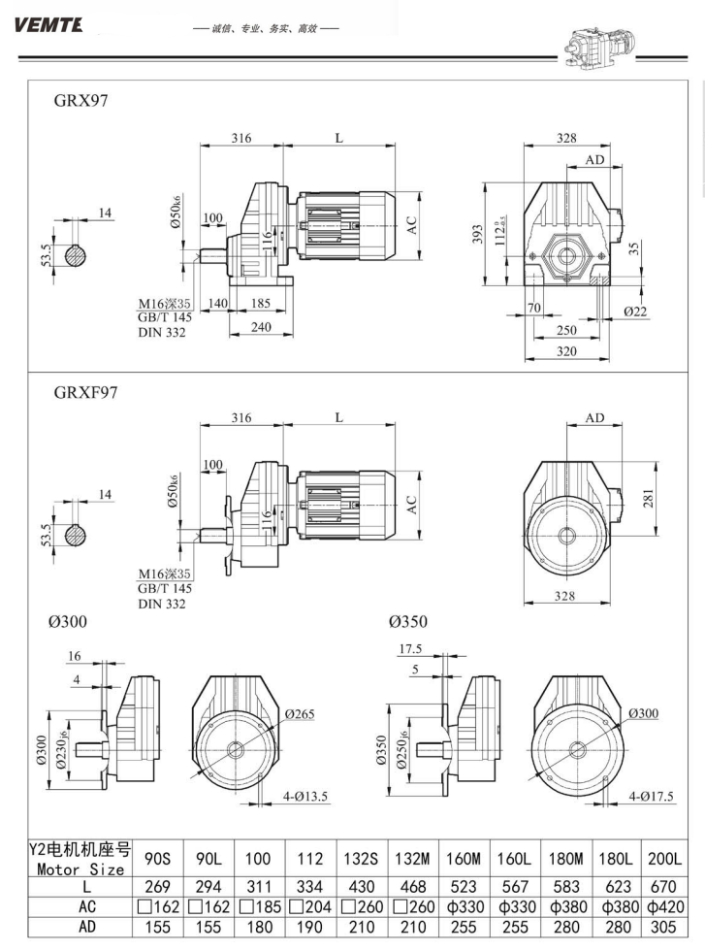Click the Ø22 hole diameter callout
pos(635,312)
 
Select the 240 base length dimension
pos(261,327)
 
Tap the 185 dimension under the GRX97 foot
pos(261,304)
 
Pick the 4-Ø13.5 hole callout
pos(307,798)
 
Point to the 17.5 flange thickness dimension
pos(409,649)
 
